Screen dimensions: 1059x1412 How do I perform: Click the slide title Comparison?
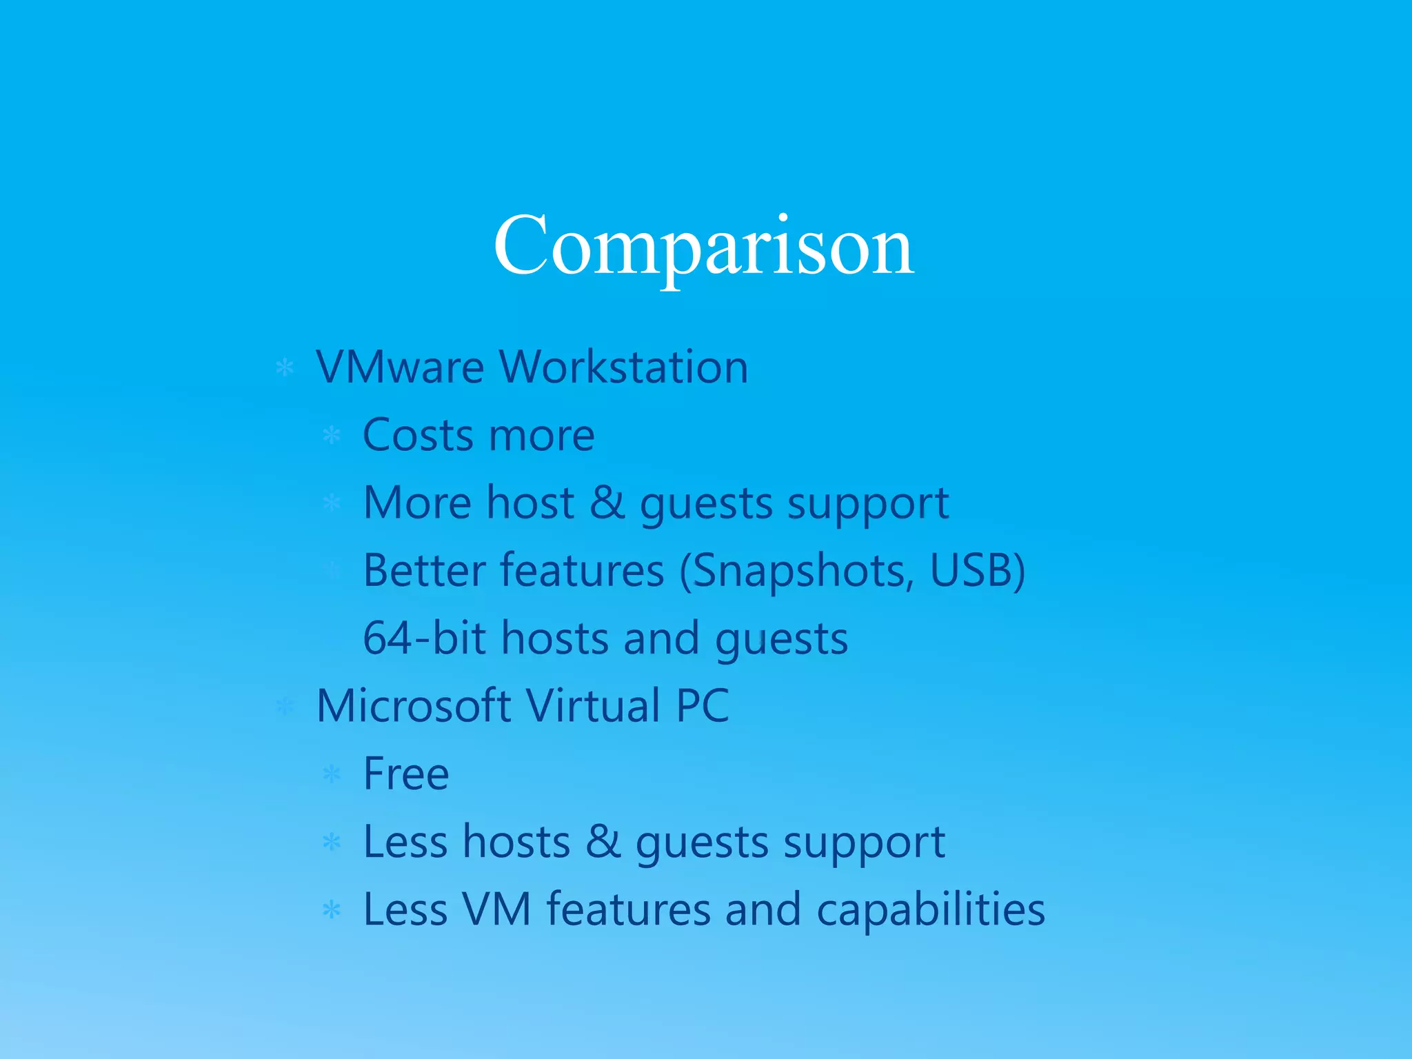click(703, 246)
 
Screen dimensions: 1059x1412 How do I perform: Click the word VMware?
click(400, 367)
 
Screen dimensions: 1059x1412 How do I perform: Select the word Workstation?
click(623, 367)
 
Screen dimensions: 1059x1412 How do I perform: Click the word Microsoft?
click(414, 705)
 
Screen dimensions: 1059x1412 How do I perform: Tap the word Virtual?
click(593, 705)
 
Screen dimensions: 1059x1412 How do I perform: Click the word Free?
click(406, 774)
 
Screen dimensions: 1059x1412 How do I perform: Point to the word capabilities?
click(931, 910)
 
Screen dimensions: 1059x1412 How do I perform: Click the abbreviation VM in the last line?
click(496, 909)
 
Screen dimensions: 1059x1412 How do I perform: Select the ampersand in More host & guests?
click(607, 502)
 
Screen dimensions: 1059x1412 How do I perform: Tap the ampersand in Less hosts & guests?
click(603, 841)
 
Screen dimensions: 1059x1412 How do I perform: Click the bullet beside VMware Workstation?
click(285, 367)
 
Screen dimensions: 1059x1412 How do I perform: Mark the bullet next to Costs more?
click(332, 435)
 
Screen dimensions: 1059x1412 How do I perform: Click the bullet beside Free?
click(332, 774)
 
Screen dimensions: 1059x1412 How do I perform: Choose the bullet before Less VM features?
click(332, 910)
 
